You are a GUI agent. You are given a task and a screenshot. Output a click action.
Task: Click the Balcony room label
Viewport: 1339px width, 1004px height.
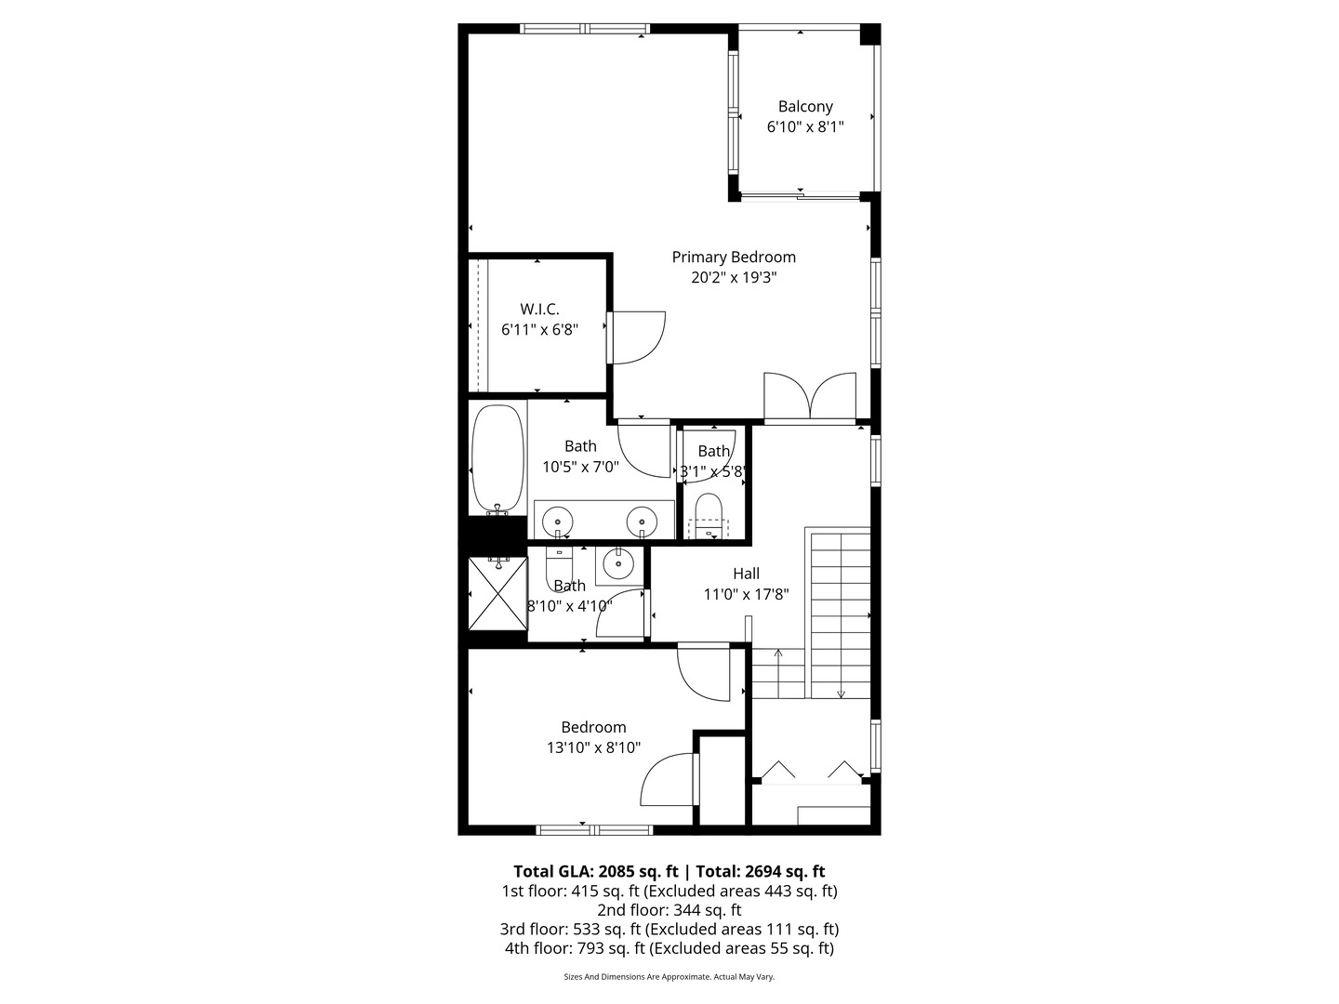(805, 107)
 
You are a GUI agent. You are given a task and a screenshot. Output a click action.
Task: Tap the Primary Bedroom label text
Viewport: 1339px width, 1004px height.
(734, 258)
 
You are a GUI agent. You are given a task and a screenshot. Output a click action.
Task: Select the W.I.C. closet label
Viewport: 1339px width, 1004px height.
(539, 310)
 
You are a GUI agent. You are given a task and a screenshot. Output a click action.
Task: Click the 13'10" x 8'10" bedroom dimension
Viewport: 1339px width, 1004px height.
(593, 747)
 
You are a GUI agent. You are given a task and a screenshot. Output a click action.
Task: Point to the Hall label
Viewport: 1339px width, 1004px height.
(746, 575)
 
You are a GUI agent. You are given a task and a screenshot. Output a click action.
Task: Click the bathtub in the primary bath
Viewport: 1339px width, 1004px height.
(497, 458)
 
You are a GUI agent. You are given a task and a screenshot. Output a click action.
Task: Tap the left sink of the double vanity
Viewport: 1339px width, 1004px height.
(558, 521)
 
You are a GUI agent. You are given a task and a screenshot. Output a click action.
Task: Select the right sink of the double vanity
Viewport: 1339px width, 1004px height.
(641, 521)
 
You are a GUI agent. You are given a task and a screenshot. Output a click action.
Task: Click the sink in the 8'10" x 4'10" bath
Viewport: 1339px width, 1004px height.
(616, 563)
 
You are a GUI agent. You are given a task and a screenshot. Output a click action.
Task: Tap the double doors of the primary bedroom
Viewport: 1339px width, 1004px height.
(810, 397)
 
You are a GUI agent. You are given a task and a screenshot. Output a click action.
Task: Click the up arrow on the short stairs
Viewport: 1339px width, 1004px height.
(778, 654)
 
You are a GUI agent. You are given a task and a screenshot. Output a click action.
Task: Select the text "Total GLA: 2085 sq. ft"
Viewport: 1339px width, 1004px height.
(595, 872)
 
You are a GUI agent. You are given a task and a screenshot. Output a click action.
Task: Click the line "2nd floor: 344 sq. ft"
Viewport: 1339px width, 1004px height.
(669, 910)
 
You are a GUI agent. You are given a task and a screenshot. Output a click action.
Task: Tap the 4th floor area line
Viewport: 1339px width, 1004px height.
(669, 948)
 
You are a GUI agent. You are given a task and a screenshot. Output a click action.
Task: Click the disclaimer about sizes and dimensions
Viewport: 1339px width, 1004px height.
(669, 977)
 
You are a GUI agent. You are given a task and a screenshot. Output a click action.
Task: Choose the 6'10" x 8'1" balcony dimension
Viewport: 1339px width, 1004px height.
(805, 127)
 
